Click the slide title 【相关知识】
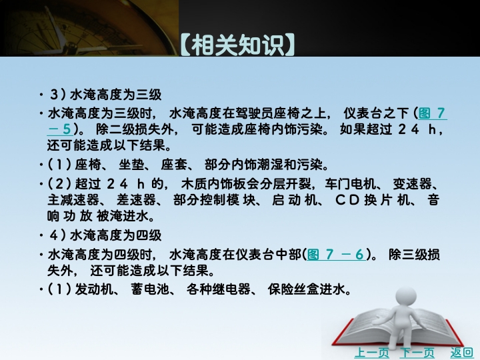[x=237, y=45]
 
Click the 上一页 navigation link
[x=371, y=353]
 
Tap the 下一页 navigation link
[x=417, y=353]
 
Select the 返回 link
[x=461, y=353]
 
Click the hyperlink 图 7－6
[x=336, y=254]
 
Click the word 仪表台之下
[x=376, y=113]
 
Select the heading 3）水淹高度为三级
[x=105, y=95]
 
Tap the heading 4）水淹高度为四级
[x=105, y=235]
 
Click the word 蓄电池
[x=150, y=289]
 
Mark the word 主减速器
[x=73, y=201]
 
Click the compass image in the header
[x=89, y=28]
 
